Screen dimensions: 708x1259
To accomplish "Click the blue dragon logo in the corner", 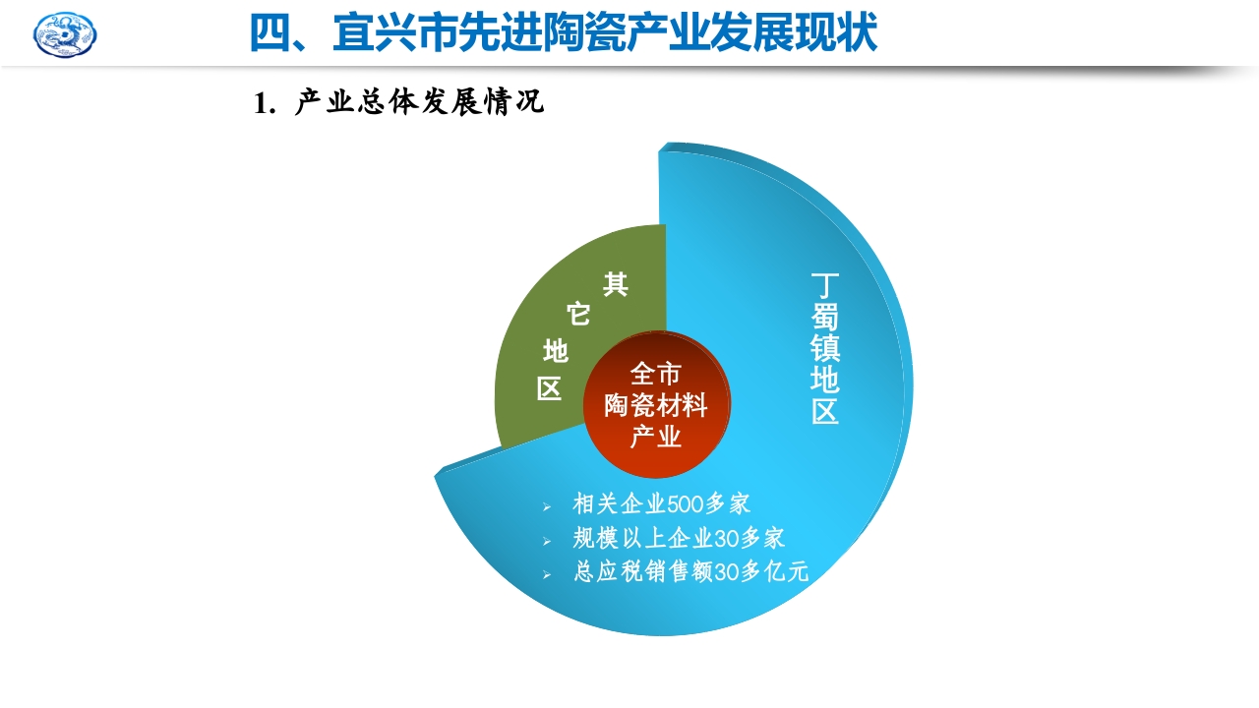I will point(65,34).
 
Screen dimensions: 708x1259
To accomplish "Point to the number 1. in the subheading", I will point(266,103).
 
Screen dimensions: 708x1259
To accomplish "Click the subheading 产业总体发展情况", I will point(419,102).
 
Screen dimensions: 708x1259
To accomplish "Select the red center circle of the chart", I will point(656,404).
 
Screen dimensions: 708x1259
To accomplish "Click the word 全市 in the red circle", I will point(656,375).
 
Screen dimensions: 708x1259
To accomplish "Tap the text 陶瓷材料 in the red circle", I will point(656,405).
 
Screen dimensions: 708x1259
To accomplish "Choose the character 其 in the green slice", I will point(616,285).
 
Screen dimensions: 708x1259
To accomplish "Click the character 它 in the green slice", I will point(579,315).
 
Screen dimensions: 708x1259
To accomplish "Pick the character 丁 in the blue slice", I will point(825,286).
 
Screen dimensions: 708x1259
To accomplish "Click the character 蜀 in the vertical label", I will point(825,318).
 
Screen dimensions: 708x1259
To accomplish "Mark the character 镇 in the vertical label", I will point(825,349).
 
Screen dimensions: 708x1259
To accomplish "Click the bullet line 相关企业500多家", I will point(661,504).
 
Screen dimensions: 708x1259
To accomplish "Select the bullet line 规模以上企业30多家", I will point(679,538).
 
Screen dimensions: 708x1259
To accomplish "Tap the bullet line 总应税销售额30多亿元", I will point(690,571).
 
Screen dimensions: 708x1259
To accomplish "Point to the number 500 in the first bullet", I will point(685,504).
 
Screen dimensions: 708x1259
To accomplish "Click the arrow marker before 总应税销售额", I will point(547,573).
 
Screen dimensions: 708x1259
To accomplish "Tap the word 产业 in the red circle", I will point(656,437).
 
